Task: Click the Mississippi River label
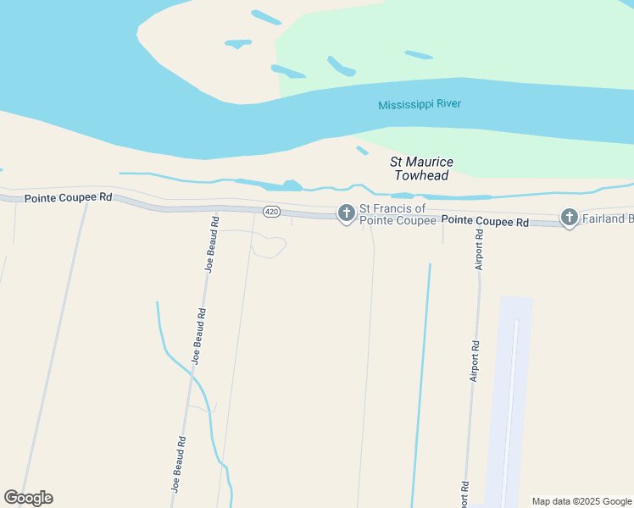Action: click(x=420, y=104)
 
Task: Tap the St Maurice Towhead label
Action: click(x=421, y=168)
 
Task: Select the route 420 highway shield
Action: click(x=271, y=212)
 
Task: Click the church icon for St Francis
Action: click(x=346, y=214)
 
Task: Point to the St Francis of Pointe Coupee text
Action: click(x=398, y=214)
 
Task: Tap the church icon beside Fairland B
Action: click(x=569, y=218)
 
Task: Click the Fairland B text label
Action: click(x=608, y=218)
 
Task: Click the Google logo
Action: click(x=28, y=498)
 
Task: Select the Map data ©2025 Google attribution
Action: click(x=582, y=501)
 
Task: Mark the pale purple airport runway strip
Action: click(x=510, y=398)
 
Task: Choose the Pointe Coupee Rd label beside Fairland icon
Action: click(x=486, y=221)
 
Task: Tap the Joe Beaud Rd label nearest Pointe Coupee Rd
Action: click(x=212, y=244)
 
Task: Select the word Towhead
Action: click(x=421, y=175)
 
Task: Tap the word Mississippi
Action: click(x=405, y=105)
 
